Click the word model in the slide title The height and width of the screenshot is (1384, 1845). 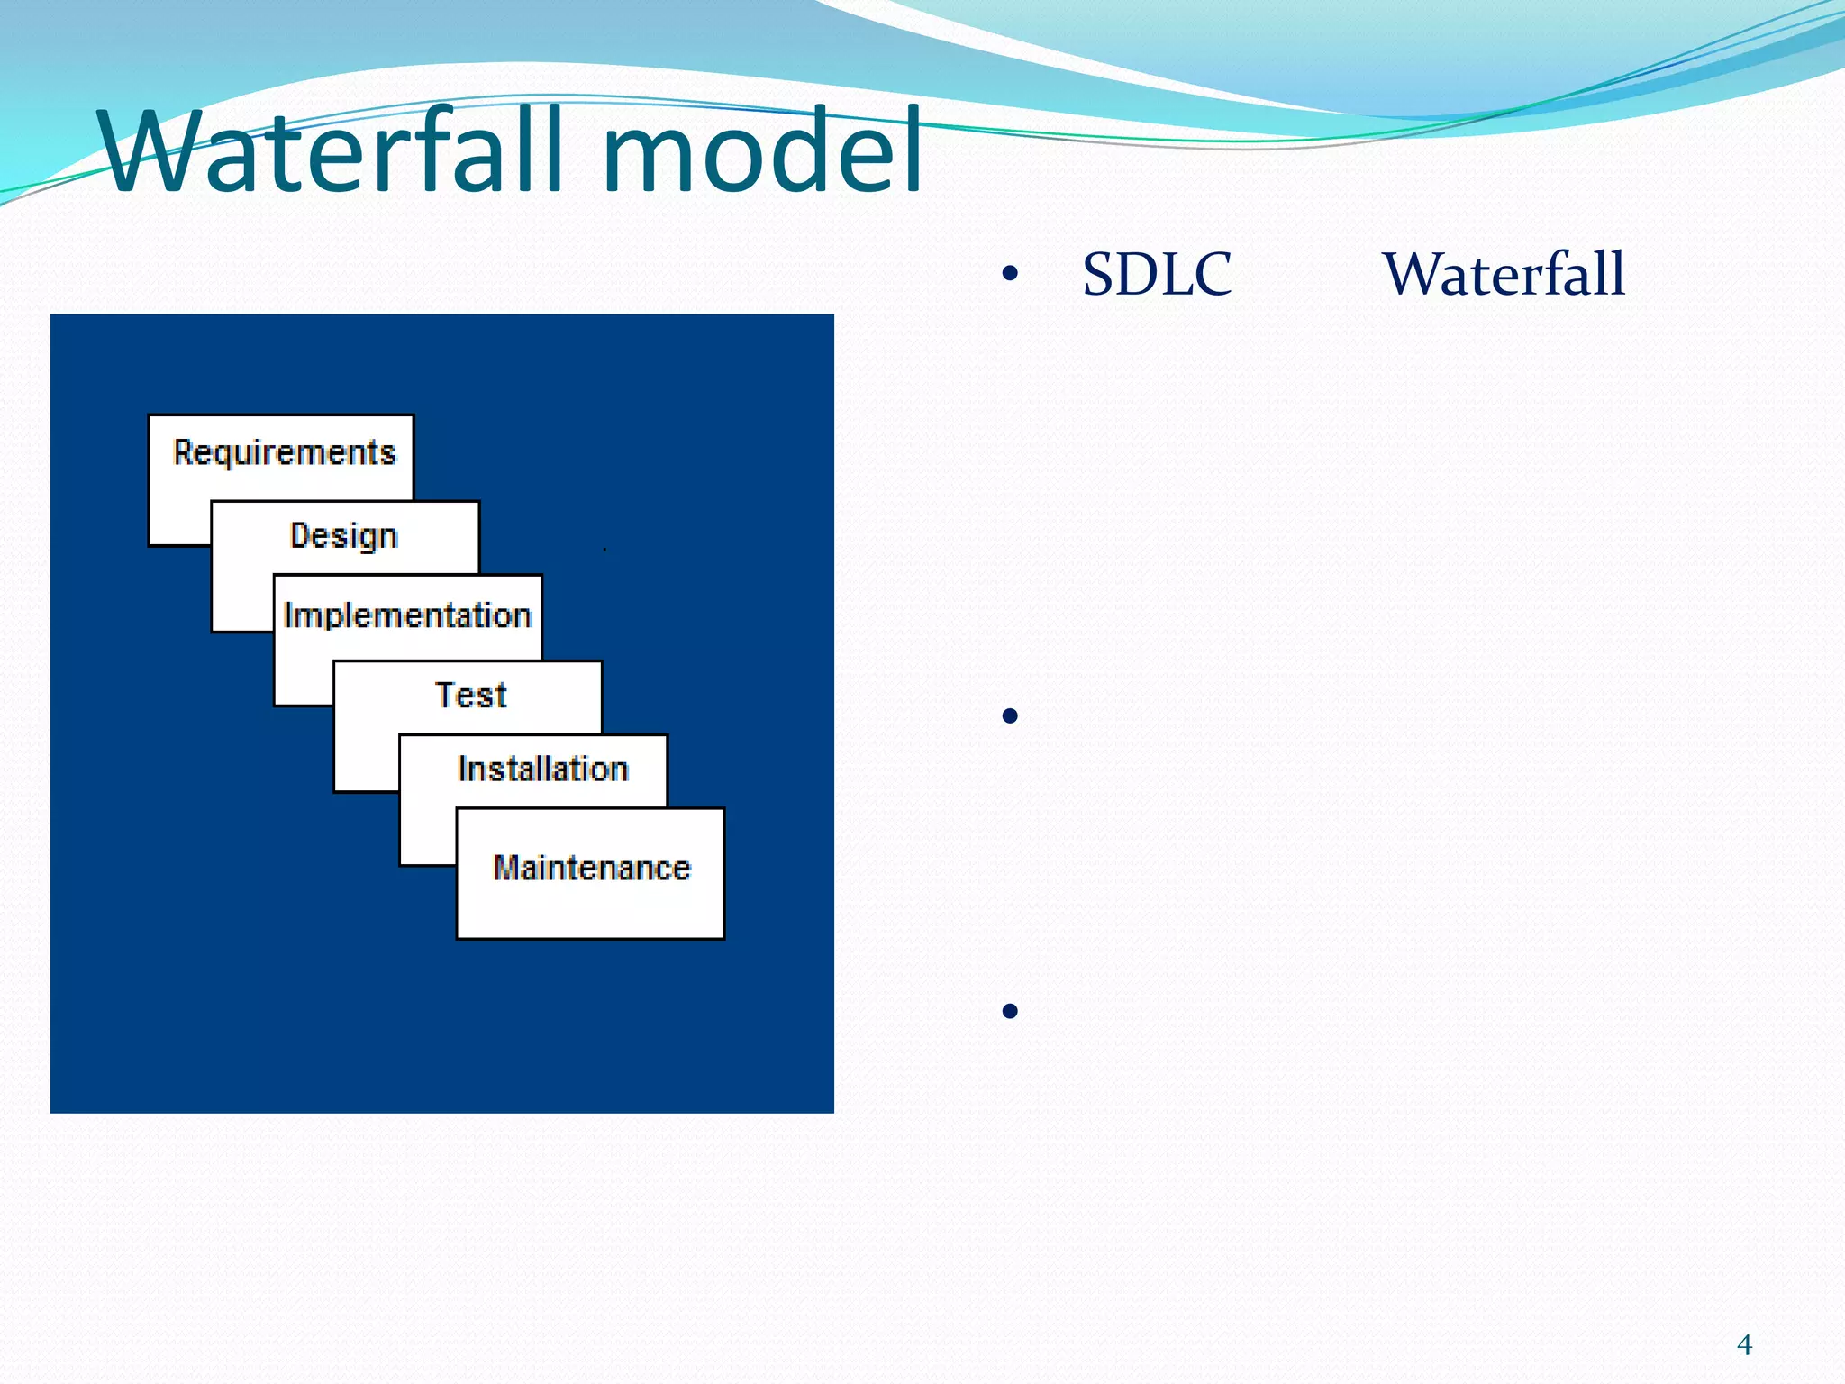click(x=761, y=151)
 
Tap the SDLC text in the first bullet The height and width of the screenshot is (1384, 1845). click(x=1157, y=275)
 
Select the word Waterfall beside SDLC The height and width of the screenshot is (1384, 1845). click(x=1504, y=275)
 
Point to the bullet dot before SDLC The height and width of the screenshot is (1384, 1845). click(x=1010, y=273)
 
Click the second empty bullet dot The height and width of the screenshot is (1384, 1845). click(x=1010, y=716)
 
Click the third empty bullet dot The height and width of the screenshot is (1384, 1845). click(x=1010, y=1011)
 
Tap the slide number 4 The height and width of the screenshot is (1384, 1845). click(x=1744, y=1345)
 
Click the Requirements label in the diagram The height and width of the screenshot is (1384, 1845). click(x=285, y=452)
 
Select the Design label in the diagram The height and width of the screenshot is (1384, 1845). click(x=344, y=536)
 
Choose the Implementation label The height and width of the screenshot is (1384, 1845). click(x=407, y=616)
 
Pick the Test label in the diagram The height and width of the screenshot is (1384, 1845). click(x=471, y=696)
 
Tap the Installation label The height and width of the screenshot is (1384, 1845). click(x=542, y=769)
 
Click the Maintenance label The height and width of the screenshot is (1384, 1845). click(x=592, y=868)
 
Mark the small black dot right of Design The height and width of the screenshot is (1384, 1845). click(x=604, y=549)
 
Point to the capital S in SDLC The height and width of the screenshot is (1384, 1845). click(x=1100, y=275)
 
